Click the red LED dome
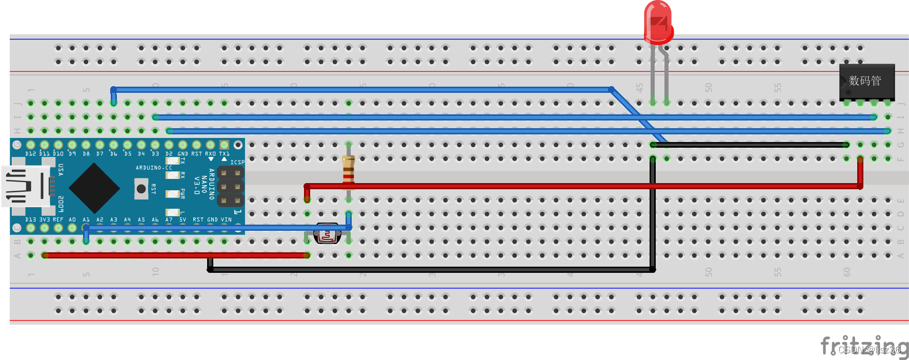pyautogui.click(x=658, y=22)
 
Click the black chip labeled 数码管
pyautogui.click(x=866, y=81)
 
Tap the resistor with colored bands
pyautogui.click(x=349, y=170)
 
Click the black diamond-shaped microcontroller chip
pyautogui.click(x=94, y=188)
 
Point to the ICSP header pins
pyautogui.click(x=230, y=186)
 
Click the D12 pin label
pyautogui.click(x=31, y=154)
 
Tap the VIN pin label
pyautogui.click(x=226, y=219)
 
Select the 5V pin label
pyautogui.click(x=183, y=219)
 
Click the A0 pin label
pyautogui.click(x=72, y=219)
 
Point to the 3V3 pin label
pyautogui.click(x=45, y=219)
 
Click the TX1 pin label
pyautogui.click(x=224, y=154)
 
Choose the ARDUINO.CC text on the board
pyautogui.click(x=154, y=168)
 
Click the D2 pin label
pyautogui.click(x=169, y=154)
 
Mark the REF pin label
pyautogui.click(x=58, y=219)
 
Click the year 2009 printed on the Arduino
pyautogui.click(x=60, y=204)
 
